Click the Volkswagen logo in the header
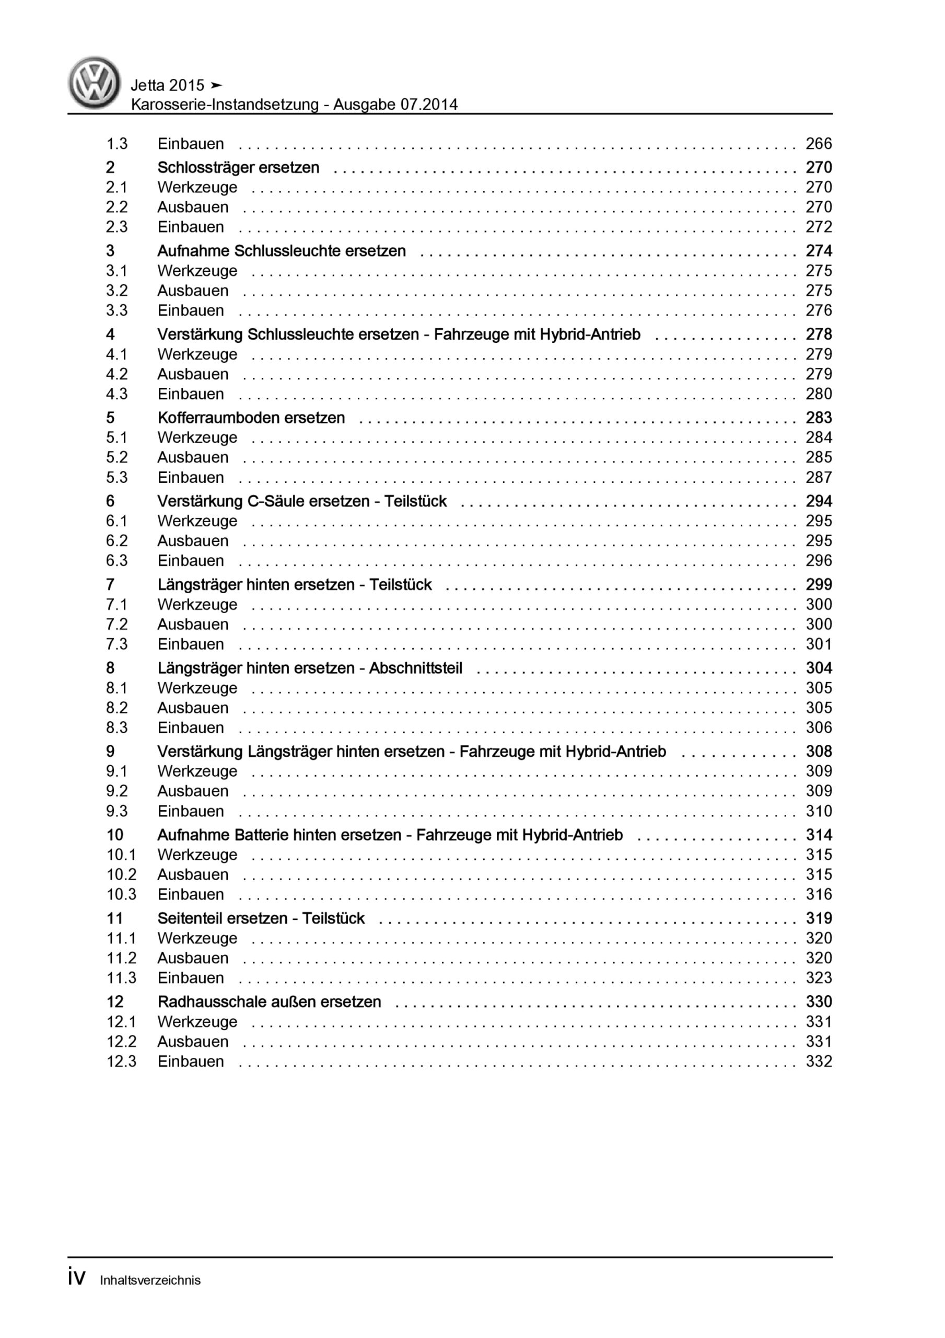(95, 83)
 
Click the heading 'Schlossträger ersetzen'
(238, 168)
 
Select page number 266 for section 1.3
(818, 144)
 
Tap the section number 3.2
(116, 291)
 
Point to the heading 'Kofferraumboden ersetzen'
(251, 418)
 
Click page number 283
(818, 418)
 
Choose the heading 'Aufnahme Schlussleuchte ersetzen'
(282, 251)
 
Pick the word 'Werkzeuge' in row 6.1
(197, 521)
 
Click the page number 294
(818, 501)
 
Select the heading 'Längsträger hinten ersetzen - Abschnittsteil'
(309, 668)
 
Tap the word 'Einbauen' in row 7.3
(191, 644)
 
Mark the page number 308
(818, 752)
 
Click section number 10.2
(121, 875)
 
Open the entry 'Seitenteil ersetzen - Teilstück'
(261, 918)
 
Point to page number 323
(818, 978)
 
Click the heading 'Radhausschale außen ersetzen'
(269, 1002)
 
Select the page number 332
(818, 1061)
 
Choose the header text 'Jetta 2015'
(168, 86)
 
